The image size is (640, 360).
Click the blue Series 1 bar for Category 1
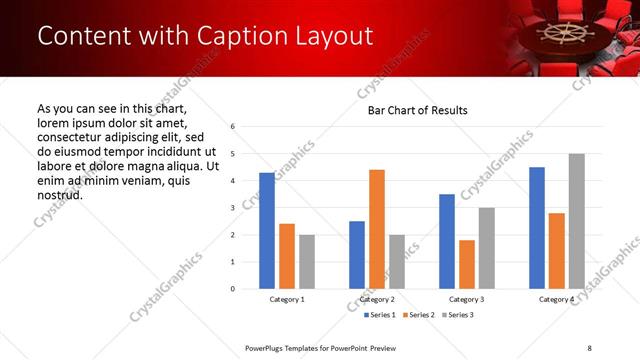pyautogui.click(x=266, y=231)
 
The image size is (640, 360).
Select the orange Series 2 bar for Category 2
pyautogui.click(x=376, y=229)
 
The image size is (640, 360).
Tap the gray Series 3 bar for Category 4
pyautogui.click(x=576, y=221)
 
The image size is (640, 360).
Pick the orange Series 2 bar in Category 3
pyautogui.click(x=466, y=264)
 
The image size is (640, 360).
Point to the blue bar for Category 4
pyautogui.click(x=537, y=228)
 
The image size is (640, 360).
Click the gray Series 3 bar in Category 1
pyautogui.click(x=306, y=262)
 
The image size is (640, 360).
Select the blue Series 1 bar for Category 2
pyautogui.click(x=357, y=255)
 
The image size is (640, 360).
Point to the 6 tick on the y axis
pyautogui.click(x=232, y=127)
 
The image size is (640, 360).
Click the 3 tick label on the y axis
pyautogui.click(x=232, y=208)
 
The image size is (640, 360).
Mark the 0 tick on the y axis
pyautogui.click(x=232, y=289)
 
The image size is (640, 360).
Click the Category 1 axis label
pyautogui.click(x=287, y=300)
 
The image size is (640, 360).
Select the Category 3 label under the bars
pyautogui.click(x=467, y=300)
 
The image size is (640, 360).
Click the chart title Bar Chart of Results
pyautogui.click(x=411, y=110)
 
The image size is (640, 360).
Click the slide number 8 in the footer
pyautogui.click(x=590, y=347)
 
